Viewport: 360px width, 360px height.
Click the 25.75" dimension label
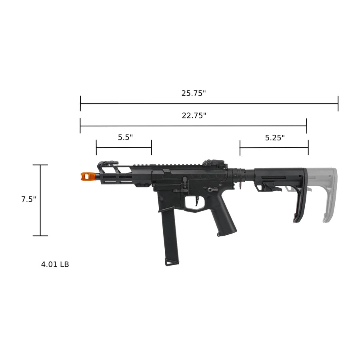click(194, 93)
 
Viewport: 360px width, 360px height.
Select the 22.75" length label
click(194, 116)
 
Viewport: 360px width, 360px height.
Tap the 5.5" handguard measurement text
click(125, 137)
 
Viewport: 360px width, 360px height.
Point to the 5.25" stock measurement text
click(275, 138)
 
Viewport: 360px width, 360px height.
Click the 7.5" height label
click(29, 199)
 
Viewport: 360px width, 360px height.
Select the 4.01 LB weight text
click(55, 264)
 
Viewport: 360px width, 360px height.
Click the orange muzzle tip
click(88, 176)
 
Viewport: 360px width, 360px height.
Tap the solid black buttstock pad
click(301, 196)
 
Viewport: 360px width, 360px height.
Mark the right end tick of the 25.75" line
click(338, 104)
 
